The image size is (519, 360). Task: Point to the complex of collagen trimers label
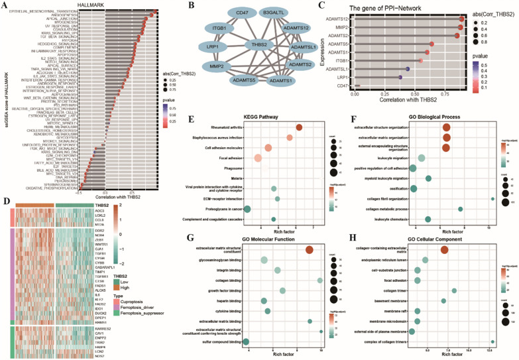[x=377, y=341]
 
